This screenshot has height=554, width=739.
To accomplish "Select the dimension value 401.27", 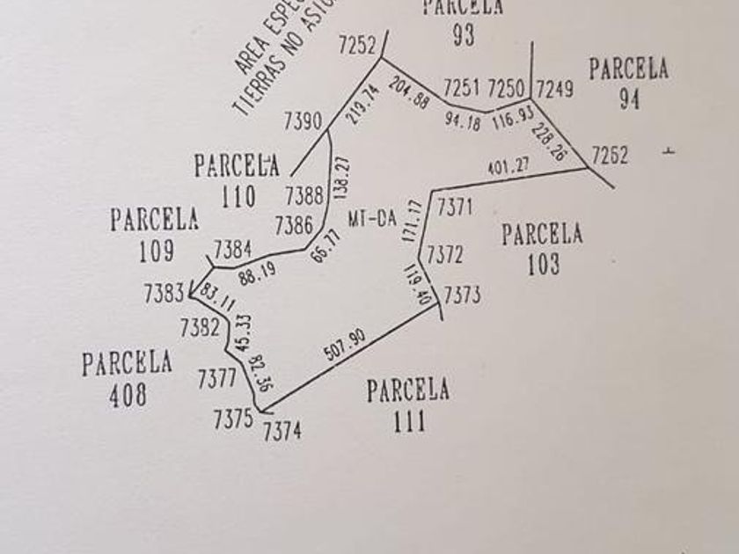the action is (509, 164).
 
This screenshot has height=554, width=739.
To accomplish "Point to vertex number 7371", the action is (456, 208).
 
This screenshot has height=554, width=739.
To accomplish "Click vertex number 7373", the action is (462, 295).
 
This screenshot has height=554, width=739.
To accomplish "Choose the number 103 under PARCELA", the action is (543, 264).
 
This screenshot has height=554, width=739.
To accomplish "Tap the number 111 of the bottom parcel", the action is (408, 420).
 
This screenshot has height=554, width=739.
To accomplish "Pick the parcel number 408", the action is (128, 395).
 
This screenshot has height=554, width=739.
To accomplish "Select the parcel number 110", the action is (238, 195).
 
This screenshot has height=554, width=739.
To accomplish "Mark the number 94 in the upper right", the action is (629, 99).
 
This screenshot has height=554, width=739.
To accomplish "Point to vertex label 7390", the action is (304, 121).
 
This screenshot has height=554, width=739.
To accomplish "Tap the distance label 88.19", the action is (257, 271).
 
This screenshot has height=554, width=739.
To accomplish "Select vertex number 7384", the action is (233, 250).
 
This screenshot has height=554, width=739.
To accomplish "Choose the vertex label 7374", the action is (282, 431).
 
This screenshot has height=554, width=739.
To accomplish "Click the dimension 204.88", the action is (408, 94).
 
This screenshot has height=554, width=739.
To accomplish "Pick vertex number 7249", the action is (554, 89).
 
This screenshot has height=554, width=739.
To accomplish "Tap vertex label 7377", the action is (216, 379).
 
